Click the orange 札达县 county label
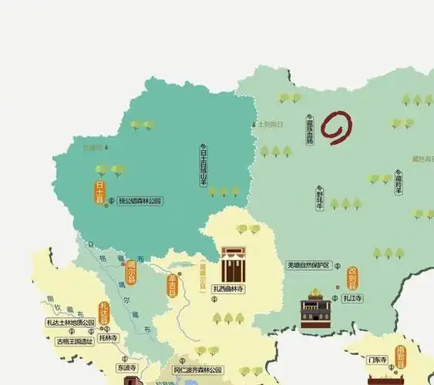tap(103, 313)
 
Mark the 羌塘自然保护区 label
tap(308, 265)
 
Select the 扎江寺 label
tap(354, 297)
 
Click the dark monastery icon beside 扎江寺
tap(315, 310)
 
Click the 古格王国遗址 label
tap(74, 340)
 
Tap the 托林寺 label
tap(108, 338)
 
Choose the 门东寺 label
tap(377, 359)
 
